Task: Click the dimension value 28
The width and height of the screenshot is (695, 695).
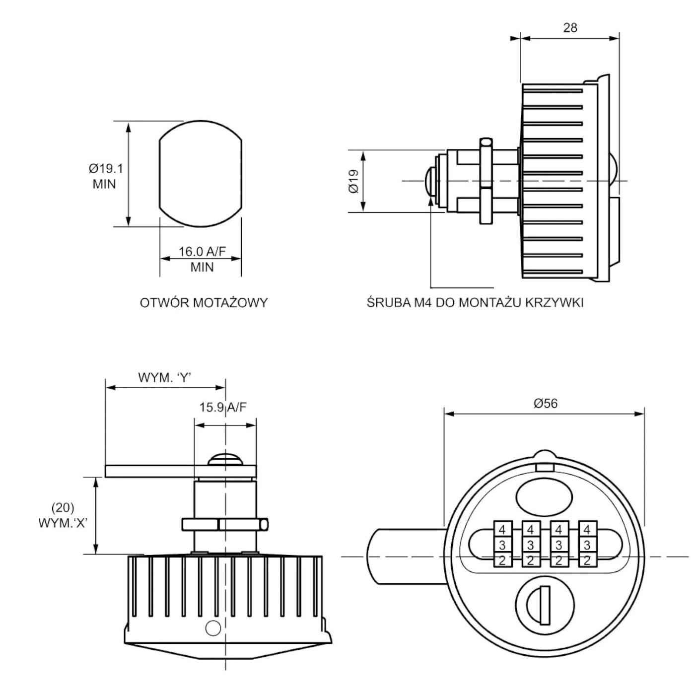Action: pos(570,28)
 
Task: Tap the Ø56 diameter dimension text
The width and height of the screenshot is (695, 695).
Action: pos(545,404)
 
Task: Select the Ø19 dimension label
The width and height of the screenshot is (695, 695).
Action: pos(353,182)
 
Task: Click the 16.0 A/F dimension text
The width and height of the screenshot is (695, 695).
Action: pos(202,252)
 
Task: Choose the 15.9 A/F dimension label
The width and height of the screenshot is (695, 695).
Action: pos(223,408)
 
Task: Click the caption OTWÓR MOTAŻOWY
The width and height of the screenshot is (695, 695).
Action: pos(204,303)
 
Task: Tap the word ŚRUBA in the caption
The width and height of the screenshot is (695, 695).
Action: pos(389,303)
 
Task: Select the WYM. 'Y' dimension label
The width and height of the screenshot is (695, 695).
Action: pos(165,378)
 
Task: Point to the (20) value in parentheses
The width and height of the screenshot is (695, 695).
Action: pos(63,508)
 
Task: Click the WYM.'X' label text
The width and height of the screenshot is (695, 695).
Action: pos(63,523)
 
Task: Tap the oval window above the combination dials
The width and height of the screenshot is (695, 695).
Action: pos(545,495)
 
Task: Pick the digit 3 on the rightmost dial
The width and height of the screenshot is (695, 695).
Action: pos(587,545)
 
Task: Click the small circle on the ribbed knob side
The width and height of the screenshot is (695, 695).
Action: pos(213,628)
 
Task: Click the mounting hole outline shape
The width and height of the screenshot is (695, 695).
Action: pos(201,174)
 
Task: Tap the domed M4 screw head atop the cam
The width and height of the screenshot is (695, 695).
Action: pos(226,459)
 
